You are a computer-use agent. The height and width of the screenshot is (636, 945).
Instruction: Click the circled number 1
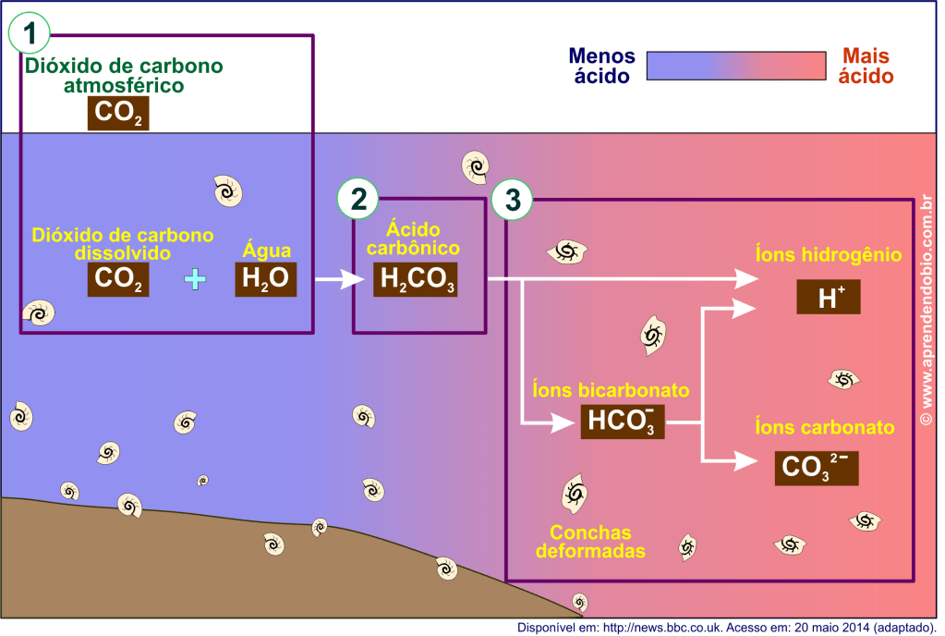tap(30, 35)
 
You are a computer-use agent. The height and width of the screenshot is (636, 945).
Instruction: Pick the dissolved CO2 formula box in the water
tap(118, 279)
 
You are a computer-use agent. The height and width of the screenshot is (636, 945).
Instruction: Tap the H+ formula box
tap(828, 297)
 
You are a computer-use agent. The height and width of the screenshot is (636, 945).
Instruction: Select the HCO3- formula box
tap(623, 422)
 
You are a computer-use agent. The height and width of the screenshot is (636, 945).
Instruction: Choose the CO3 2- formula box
tap(816, 467)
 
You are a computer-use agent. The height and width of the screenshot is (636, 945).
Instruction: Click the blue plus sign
tap(194, 279)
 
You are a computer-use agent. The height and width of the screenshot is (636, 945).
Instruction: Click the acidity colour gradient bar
tap(735, 67)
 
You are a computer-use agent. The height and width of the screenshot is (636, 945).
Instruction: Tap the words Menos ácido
tap(601, 67)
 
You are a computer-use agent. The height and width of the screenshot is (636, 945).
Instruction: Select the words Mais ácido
tap(866, 67)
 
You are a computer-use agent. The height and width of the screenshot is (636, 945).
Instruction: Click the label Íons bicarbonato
tap(612, 390)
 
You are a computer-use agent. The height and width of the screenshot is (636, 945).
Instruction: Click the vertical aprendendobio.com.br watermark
tap(927, 310)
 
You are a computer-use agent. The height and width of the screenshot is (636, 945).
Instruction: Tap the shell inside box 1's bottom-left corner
tap(38, 312)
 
